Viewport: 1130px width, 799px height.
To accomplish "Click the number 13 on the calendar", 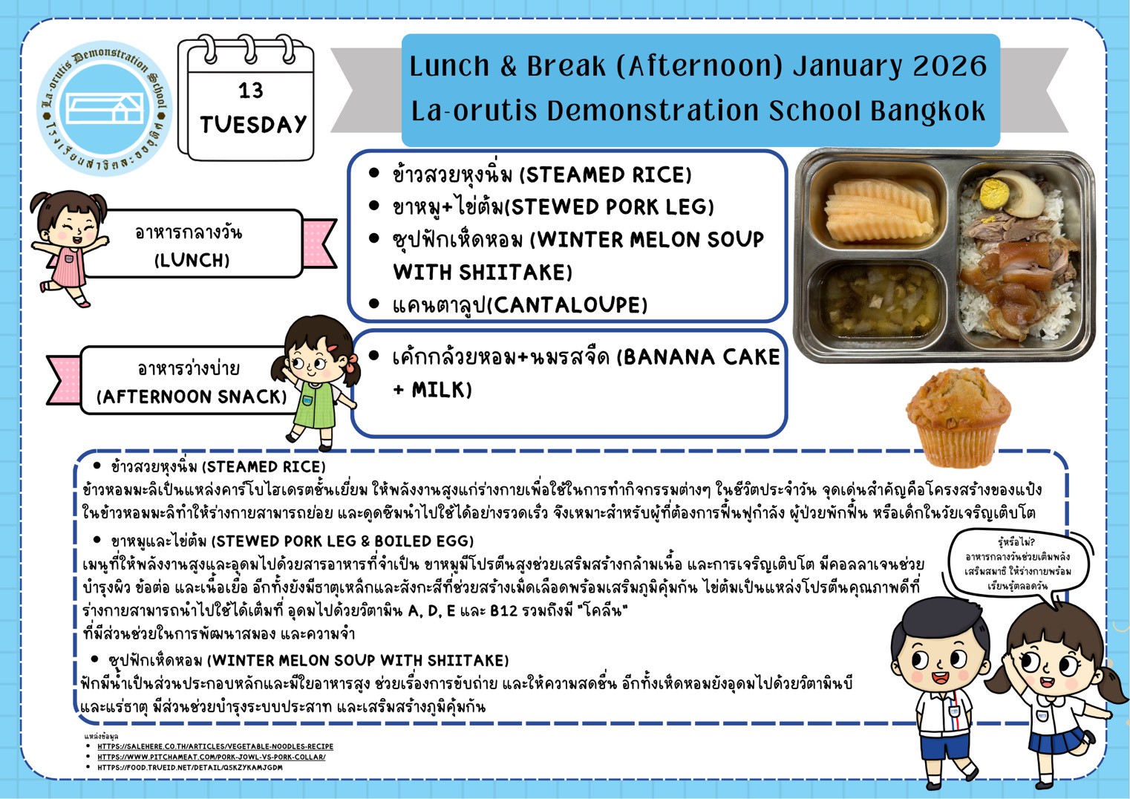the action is click(x=251, y=91).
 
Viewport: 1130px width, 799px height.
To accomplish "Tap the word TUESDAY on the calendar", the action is click(x=253, y=125).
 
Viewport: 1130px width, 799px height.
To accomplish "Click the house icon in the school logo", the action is click(x=105, y=108).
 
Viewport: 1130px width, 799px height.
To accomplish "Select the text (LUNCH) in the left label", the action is click(x=192, y=261).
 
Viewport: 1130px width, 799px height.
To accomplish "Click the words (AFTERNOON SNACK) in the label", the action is click(x=192, y=397).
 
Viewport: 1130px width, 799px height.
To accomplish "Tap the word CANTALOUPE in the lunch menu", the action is click(x=567, y=304).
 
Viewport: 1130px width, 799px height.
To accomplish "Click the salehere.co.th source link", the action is click(x=215, y=746).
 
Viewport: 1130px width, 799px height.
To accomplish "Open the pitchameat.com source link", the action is click(x=212, y=757).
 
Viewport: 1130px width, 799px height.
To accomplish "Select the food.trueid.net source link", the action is click(x=189, y=767).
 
